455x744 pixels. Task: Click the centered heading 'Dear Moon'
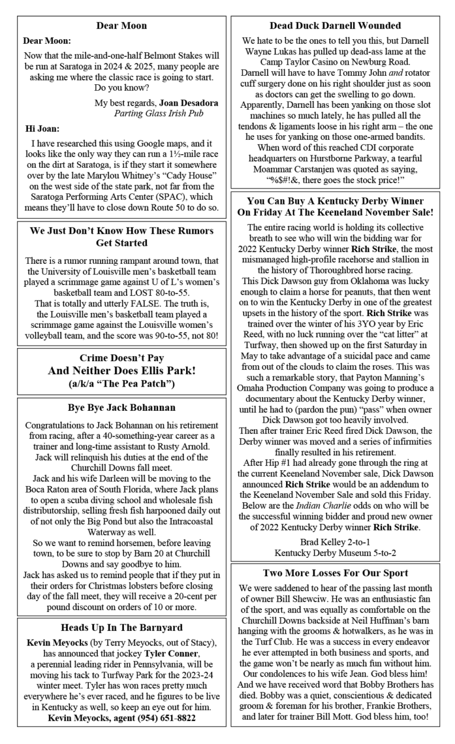pyautogui.click(x=121, y=25)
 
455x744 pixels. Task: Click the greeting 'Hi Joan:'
pyautogui.click(x=42, y=129)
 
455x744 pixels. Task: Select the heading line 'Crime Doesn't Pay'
pyautogui.click(x=121, y=359)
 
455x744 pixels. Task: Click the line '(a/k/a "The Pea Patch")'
pyautogui.click(x=121, y=384)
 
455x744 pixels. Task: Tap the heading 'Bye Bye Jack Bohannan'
pyautogui.click(x=121, y=408)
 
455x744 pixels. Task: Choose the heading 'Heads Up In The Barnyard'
pyautogui.click(x=121, y=627)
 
